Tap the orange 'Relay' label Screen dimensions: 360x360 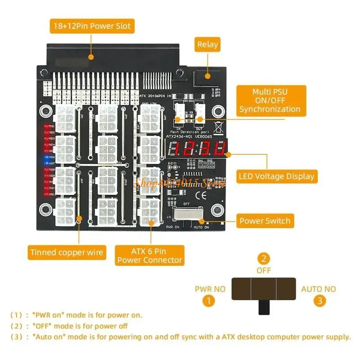click(207, 45)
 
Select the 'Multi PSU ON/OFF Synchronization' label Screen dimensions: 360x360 click(270, 100)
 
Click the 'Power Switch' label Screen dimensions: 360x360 click(265, 221)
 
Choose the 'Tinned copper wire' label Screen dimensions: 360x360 click(67, 252)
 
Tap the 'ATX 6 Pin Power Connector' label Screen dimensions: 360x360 click(150, 256)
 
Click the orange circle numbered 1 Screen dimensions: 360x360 click(208, 301)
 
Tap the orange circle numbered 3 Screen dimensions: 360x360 click(319, 301)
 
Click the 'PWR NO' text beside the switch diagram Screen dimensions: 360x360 click(210, 289)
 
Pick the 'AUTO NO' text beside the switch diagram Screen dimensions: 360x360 click(319, 289)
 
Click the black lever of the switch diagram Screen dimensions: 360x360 click(263, 308)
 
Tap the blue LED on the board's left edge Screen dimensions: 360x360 click(47, 160)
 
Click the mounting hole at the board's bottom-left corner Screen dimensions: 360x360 click(45, 209)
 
